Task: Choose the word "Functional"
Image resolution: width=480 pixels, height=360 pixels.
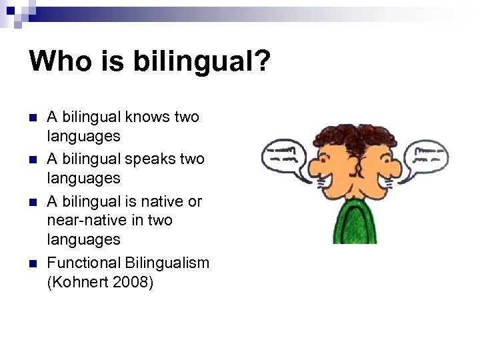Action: coord(84,263)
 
